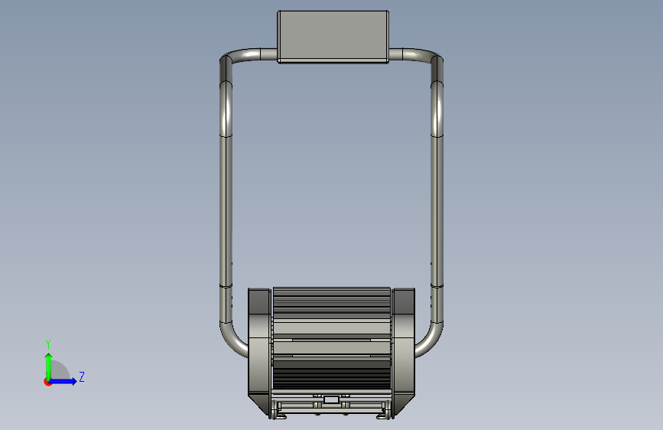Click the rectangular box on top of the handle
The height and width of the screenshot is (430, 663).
pos(333,37)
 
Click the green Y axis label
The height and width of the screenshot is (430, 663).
pos(48,344)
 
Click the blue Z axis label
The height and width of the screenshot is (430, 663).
pos(82,376)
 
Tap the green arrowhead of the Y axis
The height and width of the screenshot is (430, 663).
pos(49,357)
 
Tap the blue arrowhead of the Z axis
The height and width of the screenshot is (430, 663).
pos(73,381)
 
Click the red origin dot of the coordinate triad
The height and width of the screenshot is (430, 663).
pos(47,382)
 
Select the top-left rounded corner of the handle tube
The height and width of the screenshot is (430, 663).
pos(229,58)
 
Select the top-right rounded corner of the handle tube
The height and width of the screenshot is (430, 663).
pos(434,58)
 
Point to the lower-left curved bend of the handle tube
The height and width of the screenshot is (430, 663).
pos(230,340)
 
